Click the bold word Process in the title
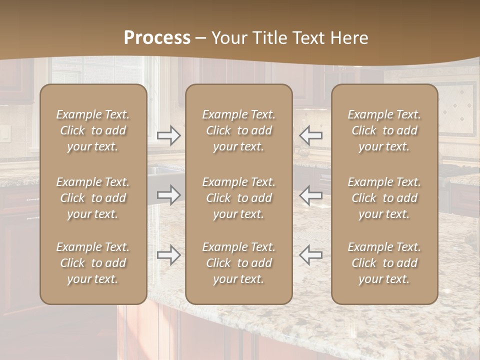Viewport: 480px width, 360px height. [157, 38]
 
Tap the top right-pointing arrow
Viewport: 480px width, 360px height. [169, 135]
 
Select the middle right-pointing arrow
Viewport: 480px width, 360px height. [169, 195]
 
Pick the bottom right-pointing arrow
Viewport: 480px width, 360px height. [169, 255]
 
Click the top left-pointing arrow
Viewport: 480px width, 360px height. [310, 135]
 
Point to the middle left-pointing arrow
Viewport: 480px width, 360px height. [310, 195]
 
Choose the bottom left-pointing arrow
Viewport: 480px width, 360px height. [310, 255]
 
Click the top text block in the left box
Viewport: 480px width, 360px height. [93, 130]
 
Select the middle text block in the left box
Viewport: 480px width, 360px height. [93, 198]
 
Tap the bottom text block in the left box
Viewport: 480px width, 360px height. [93, 263]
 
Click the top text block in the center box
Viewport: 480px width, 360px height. [238, 130]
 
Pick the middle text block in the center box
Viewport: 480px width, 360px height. [238, 198]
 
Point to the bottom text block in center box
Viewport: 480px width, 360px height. [238, 263]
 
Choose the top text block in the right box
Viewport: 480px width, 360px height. [384, 130]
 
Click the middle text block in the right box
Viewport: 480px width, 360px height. [384, 198]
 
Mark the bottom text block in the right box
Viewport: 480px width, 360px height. [384, 263]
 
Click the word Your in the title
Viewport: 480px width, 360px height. [227, 38]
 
